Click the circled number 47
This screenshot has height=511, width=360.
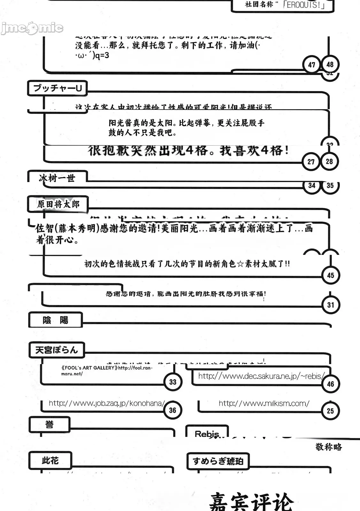point(311,65)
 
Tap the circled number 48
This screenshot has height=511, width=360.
point(330,65)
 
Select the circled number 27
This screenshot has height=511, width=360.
point(311,162)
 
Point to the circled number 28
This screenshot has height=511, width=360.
point(329,161)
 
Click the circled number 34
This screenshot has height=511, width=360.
point(312,186)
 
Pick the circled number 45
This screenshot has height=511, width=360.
point(331,275)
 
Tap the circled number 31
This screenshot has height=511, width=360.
point(331,305)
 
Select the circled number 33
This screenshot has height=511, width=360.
point(173,382)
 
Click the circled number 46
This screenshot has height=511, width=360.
point(330,384)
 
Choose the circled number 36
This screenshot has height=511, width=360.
point(172,410)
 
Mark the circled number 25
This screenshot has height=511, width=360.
point(330,411)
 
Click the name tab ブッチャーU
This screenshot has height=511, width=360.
point(57,88)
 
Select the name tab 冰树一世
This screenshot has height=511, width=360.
point(57,178)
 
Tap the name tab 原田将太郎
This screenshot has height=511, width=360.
point(58,204)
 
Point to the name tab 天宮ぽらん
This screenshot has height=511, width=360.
point(57,350)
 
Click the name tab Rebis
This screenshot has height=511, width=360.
point(207,434)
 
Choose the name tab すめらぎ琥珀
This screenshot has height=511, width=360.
point(218,461)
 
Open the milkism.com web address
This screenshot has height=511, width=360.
point(264,403)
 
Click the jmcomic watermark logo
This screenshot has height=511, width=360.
point(32,28)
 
